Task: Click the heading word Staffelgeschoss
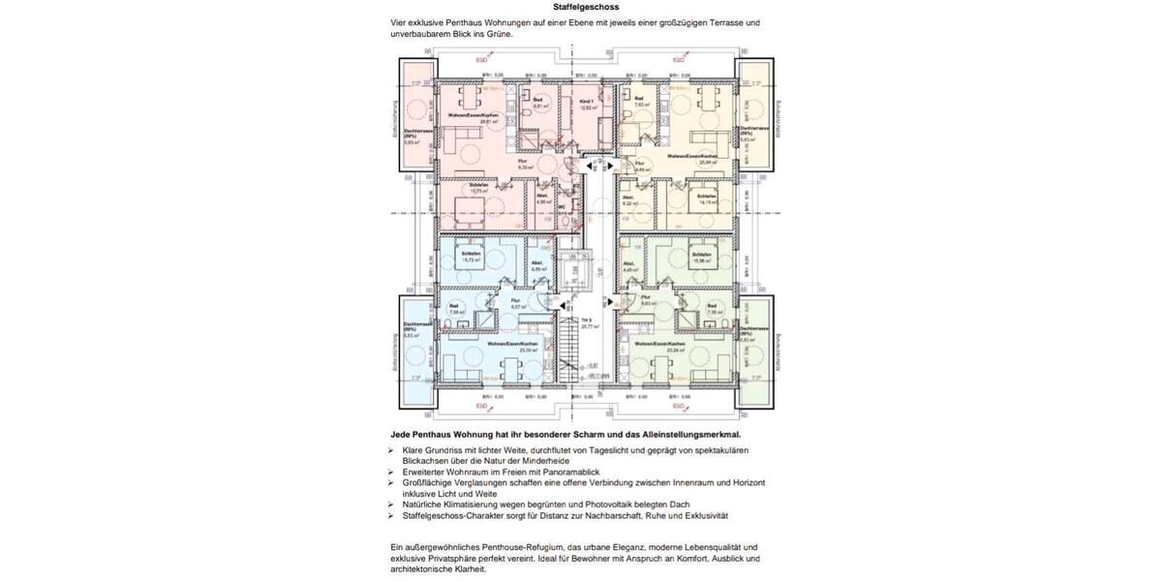coord(580,7)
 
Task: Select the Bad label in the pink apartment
coord(537,100)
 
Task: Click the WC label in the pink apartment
coord(563,205)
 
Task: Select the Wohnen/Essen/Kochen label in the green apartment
coord(660,344)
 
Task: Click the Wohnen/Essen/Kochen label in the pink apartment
coord(473,115)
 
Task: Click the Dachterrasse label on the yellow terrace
coord(754,128)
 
